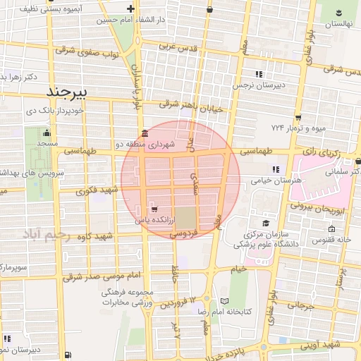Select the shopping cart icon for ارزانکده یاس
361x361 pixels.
[x=154, y=209]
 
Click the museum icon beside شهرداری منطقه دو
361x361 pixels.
[x=145, y=133]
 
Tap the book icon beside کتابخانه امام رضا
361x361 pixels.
[x=225, y=291]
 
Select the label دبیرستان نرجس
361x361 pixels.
[x=259, y=85]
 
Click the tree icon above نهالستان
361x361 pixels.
[x=338, y=12]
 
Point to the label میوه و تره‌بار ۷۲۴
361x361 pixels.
[x=298, y=128]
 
